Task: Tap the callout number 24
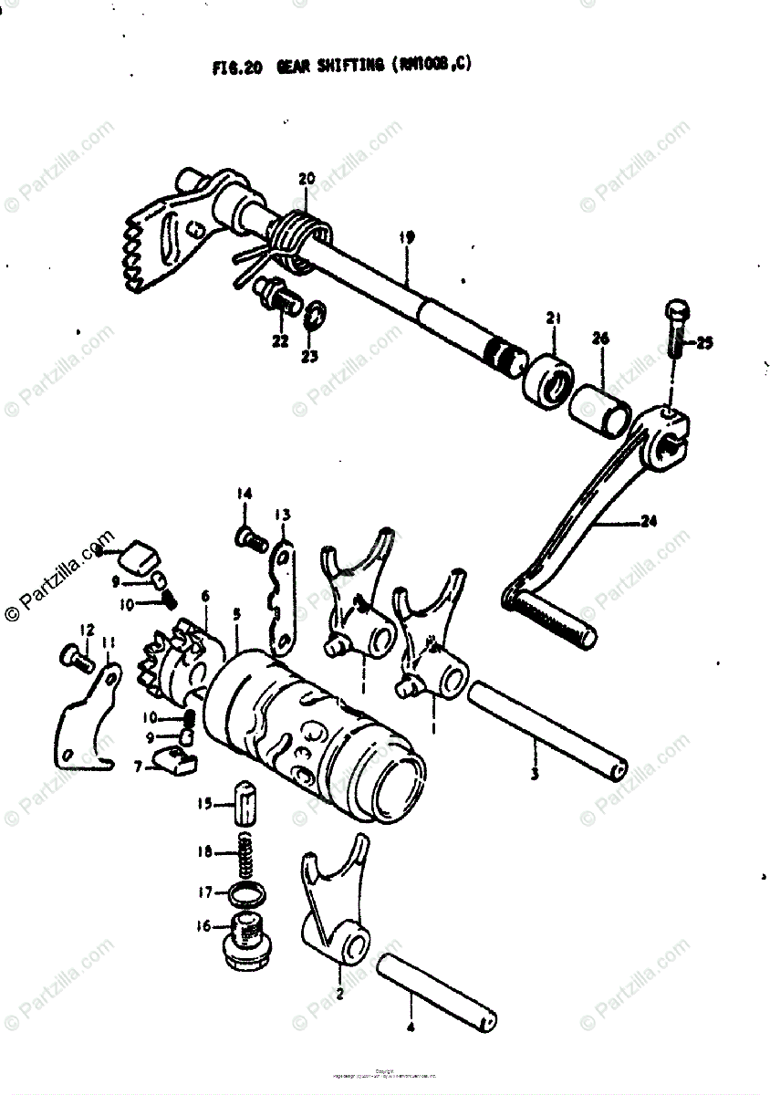pos(649,522)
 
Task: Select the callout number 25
pos(704,343)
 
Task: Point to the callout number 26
pos(599,339)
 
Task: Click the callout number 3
pos(535,775)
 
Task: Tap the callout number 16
pos(202,926)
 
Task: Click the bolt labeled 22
pos(276,296)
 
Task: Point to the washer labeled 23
pos(312,314)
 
